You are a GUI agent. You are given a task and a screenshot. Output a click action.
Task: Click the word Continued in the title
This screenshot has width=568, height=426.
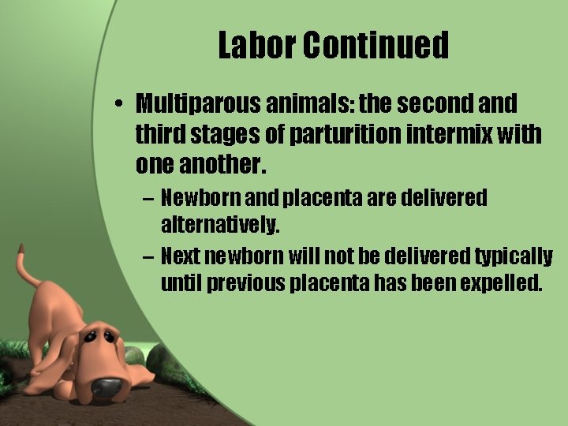point(376,46)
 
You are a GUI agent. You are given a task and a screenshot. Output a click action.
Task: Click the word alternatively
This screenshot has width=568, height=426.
point(220,225)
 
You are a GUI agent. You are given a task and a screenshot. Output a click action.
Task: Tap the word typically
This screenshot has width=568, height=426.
point(514,256)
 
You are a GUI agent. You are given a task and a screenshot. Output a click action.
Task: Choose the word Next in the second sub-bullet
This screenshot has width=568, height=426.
point(181,256)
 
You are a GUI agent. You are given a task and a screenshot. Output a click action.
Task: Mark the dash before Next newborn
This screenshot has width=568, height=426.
point(148,256)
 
